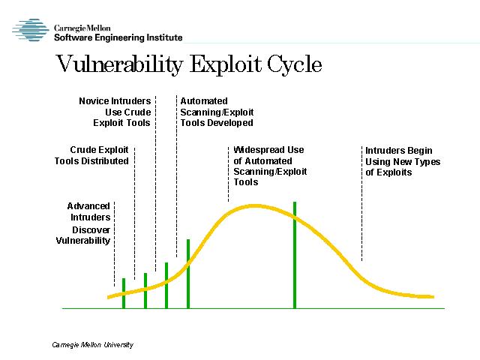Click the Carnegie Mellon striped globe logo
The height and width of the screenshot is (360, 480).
(x=31, y=30)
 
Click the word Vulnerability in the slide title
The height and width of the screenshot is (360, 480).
(x=119, y=64)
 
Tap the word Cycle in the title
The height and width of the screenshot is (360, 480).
(x=294, y=64)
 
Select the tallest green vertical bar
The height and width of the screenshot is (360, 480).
(x=295, y=255)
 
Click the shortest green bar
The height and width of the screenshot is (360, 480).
(x=124, y=293)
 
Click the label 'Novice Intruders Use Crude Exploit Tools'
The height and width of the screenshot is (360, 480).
(x=115, y=112)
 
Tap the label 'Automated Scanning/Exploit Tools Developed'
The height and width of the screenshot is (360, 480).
(x=217, y=112)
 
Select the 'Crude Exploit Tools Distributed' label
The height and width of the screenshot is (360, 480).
(x=91, y=155)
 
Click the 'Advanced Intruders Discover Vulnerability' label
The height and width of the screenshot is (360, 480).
(x=83, y=223)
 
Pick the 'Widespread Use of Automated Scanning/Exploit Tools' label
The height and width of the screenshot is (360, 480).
(x=270, y=166)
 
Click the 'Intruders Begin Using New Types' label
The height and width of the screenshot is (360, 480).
(x=403, y=161)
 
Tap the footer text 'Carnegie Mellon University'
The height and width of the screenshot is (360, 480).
(x=93, y=345)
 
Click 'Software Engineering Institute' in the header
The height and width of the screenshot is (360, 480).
(x=118, y=37)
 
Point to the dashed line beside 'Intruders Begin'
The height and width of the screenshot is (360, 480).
(x=361, y=203)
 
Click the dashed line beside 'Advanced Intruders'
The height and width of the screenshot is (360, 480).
(x=114, y=244)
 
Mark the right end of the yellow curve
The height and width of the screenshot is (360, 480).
(x=433, y=297)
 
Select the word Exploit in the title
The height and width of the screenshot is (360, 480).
(x=225, y=64)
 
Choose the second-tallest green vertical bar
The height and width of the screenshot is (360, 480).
(x=188, y=274)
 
